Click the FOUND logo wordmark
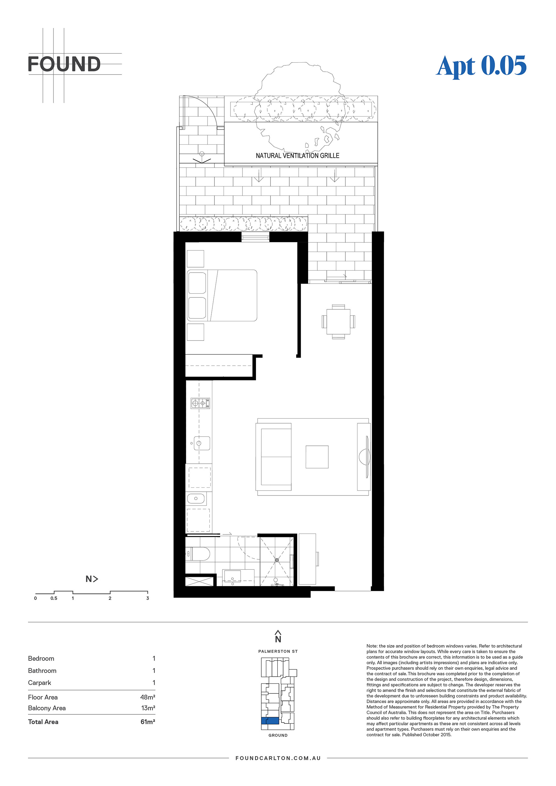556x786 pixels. click(x=64, y=64)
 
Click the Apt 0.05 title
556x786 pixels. click(x=481, y=66)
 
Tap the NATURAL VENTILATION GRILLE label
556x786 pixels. click(x=297, y=155)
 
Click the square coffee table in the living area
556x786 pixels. click(x=317, y=457)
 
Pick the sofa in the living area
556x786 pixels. click(x=274, y=457)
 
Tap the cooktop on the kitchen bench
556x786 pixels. click(x=200, y=403)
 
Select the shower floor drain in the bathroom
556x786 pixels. click(x=277, y=560)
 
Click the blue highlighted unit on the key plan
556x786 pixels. click(x=270, y=721)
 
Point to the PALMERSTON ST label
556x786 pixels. click(x=278, y=651)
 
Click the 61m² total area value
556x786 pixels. click(x=148, y=722)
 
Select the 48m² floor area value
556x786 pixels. click(x=148, y=697)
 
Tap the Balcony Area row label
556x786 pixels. click(x=47, y=708)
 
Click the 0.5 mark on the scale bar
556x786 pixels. click(x=54, y=598)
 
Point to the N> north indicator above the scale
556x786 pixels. click(x=92, y=579)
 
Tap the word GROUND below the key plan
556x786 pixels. click(x=278, y=735)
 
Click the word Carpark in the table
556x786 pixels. click(x=39, y=683)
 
